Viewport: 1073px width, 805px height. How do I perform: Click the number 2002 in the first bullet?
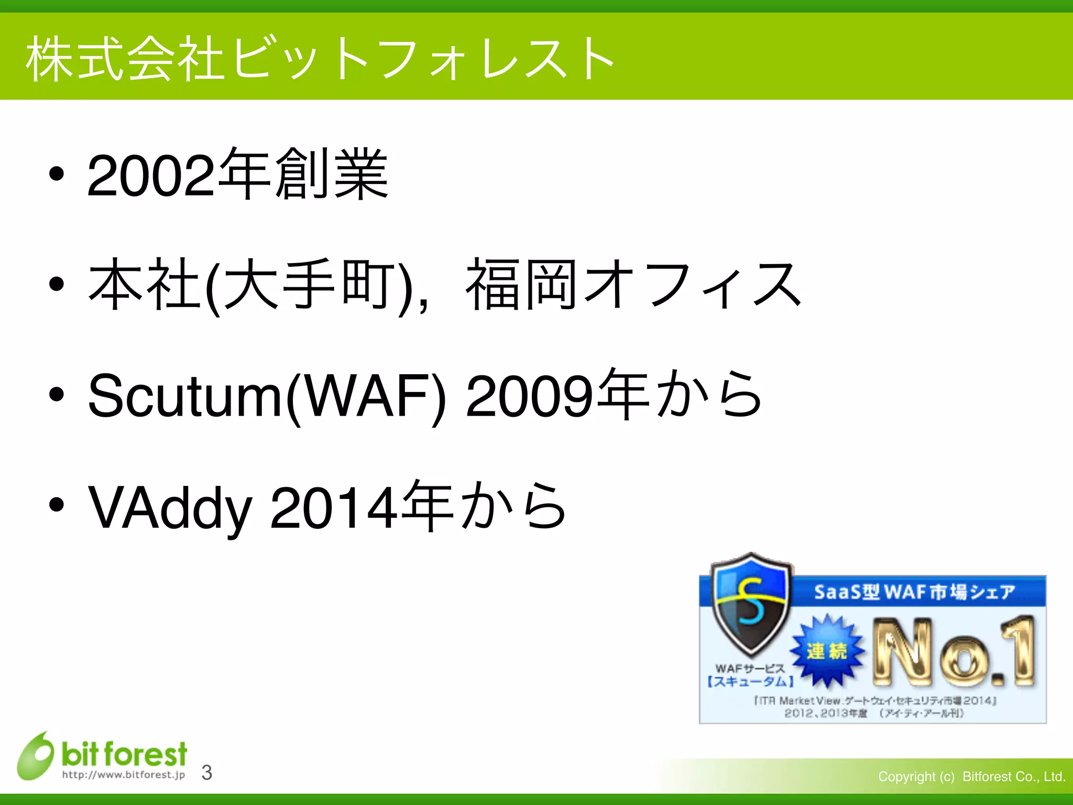coord(151,176)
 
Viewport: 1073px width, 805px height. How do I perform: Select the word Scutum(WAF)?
coord(267,396)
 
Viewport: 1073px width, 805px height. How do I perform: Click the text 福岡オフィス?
coord(633,286)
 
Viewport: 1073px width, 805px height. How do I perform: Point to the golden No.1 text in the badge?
coord(954,652)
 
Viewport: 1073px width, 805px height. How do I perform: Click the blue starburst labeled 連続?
coord(827,651)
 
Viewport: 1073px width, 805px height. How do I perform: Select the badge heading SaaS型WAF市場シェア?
coord(914,592)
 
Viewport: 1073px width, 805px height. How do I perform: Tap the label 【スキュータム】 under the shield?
coord(750,681)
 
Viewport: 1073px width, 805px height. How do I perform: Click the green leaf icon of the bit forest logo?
coord(35,756)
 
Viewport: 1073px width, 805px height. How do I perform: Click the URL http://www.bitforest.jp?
coord(124,775)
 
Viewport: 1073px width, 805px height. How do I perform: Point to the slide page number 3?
coord(207,773)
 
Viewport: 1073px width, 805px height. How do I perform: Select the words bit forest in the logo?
coord(124,754)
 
